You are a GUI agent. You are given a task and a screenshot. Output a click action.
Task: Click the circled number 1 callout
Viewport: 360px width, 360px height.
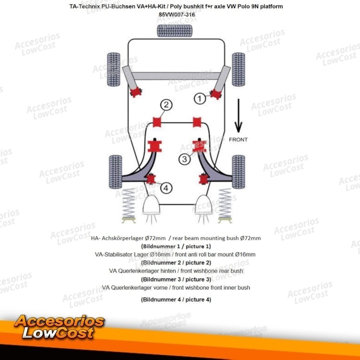[x=200, y=99]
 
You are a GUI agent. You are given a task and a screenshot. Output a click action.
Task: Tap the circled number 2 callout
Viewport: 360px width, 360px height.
[x=166, y=105]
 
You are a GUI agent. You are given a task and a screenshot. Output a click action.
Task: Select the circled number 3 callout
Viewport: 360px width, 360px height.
[x=184, y=159]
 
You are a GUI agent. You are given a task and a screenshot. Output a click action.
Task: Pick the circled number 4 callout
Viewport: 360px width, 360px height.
[x=166, y=188]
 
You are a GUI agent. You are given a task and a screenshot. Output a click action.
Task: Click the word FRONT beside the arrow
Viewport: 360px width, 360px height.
[x=238, y=139]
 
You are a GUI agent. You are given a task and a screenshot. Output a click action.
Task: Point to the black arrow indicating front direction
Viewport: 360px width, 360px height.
[x=238, y=116]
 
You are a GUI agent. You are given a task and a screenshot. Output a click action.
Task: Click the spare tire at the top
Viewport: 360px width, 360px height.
[x=175, y=31]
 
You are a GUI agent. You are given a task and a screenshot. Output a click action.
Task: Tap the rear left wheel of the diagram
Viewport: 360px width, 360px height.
[x=114, y=70]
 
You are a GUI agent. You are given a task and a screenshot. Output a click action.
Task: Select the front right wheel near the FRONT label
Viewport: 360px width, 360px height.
[x=238, y=172]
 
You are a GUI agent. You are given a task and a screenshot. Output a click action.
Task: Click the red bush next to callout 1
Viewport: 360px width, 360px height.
[x=216, y=94]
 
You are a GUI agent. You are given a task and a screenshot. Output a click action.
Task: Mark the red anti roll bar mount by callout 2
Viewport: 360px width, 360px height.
[x=157, y=122]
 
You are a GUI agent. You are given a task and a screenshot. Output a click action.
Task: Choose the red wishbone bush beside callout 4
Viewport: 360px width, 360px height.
[x=151, y=179]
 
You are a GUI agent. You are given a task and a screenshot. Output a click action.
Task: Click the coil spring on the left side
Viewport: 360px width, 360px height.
[x=129, y=203]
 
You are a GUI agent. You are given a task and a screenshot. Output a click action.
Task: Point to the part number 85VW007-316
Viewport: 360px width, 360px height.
[x=177, y=14]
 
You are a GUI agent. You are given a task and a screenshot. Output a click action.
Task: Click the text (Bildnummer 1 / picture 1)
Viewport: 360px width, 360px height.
[x=176, y=246]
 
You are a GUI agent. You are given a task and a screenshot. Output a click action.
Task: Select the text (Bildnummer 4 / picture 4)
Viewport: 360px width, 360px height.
[x=176, y=300]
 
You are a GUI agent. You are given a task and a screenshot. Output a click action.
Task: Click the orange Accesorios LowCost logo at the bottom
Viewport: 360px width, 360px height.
[x=59, y=327]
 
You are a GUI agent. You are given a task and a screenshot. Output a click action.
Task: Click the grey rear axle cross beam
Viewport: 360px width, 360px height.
[x=176, y=76]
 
